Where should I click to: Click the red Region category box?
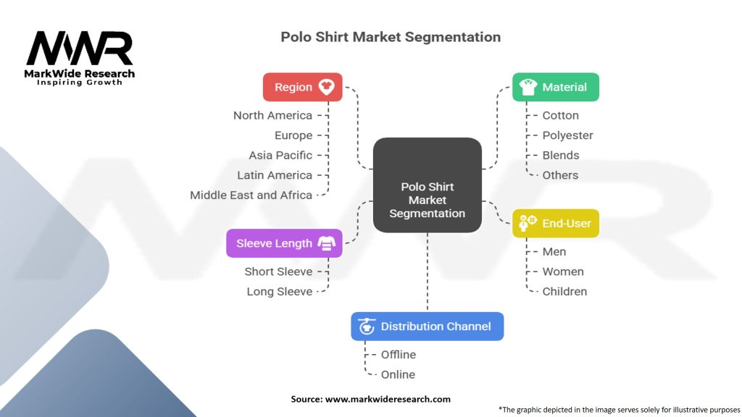coord(302,87)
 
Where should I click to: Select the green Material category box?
coord(555,87)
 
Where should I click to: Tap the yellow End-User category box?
coord(555,224)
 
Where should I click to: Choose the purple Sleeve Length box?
coord(284,243)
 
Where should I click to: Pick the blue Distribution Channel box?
coord(427,327)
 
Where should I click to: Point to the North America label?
coord(272,115)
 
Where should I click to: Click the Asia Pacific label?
coord(280,155)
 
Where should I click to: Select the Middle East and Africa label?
coord(251,195)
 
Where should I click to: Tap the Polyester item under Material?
coord(567,135)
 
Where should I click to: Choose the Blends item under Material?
coord(561,155)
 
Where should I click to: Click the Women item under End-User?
coord(563,271)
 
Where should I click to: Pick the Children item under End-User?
coord(564,291)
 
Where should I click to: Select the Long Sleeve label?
coord(279,291)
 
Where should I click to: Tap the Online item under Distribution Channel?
coord(398,374)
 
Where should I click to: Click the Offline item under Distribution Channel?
coord(399,355)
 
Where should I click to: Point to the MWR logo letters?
coord(80,49)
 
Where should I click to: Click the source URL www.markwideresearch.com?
coord(388,399)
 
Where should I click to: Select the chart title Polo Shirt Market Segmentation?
coord(391,37)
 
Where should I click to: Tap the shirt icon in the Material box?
coord(528,87)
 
